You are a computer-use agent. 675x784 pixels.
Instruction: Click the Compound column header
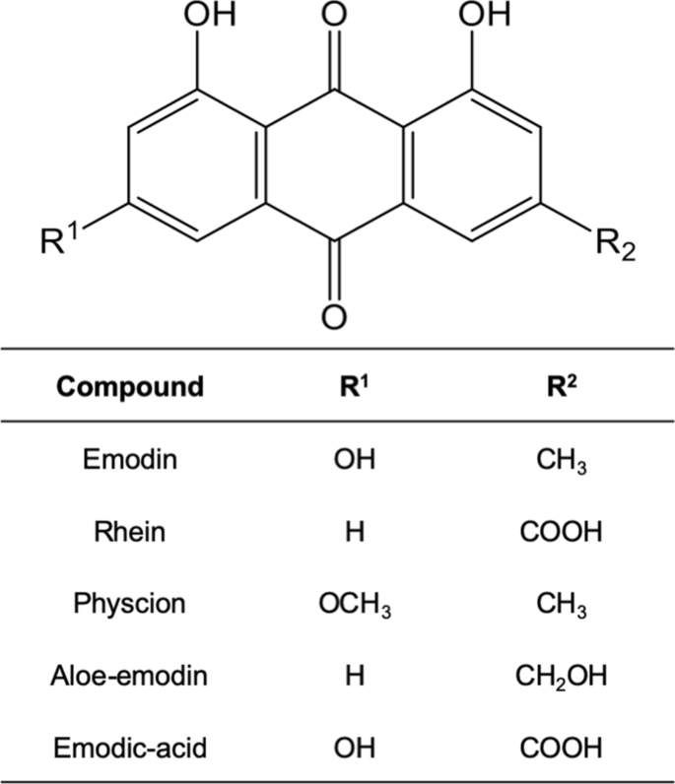130,386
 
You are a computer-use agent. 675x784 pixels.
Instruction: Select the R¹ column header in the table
355,386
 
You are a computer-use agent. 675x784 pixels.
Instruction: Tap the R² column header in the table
562,386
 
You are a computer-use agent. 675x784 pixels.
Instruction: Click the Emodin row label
130,459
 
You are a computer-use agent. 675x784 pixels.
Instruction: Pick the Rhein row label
130,531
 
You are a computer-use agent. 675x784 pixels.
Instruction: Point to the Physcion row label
130,604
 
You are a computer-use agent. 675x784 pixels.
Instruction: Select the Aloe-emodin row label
129,676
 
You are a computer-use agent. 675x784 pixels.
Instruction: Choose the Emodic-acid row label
130,748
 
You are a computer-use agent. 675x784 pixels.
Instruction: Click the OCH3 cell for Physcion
355,605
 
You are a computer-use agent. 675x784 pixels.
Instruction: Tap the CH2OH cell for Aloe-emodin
562,677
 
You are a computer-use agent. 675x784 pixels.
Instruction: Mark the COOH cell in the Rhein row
562,532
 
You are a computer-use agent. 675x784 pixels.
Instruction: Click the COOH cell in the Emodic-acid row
562,748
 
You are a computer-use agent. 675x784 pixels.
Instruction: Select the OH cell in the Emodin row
355,459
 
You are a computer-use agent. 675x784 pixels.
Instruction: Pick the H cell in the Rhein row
355,532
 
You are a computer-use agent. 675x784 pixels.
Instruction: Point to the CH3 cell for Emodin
562,461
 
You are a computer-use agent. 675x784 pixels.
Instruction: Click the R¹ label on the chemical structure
59,239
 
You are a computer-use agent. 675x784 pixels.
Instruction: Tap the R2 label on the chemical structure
616,245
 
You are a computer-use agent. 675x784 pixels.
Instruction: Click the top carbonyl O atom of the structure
334,15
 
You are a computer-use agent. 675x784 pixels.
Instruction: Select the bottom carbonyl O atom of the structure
334,316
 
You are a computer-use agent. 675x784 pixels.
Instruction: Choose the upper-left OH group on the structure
210,15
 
